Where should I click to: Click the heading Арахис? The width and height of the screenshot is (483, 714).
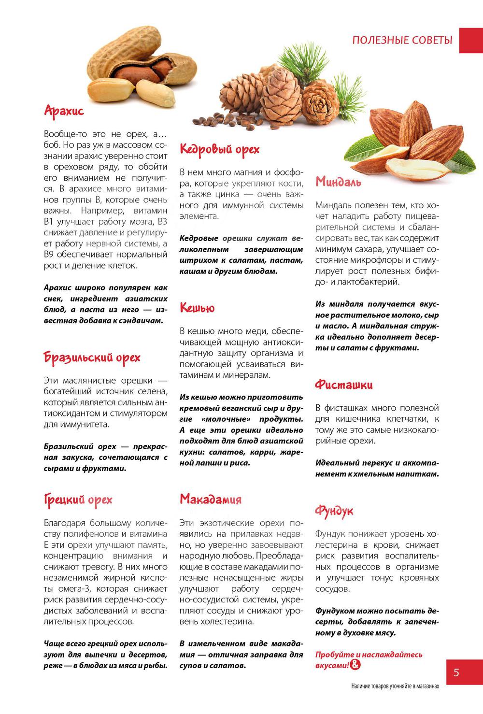[64, 111]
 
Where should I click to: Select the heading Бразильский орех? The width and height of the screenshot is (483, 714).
[92, 357]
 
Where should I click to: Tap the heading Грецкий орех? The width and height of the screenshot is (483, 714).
[78, 500]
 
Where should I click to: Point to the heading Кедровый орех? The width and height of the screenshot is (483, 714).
[219, 149]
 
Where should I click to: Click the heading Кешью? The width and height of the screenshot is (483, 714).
[197, 308]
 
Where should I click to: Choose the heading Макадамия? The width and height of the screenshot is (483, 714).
[211, 499]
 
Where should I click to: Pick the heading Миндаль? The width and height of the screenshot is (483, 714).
[338, 182]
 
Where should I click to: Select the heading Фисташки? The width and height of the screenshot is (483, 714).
[344, 385]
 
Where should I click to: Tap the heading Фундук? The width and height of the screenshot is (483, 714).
[334, 511]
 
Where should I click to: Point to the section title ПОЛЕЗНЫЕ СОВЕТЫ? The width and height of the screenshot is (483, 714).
[402, 40]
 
